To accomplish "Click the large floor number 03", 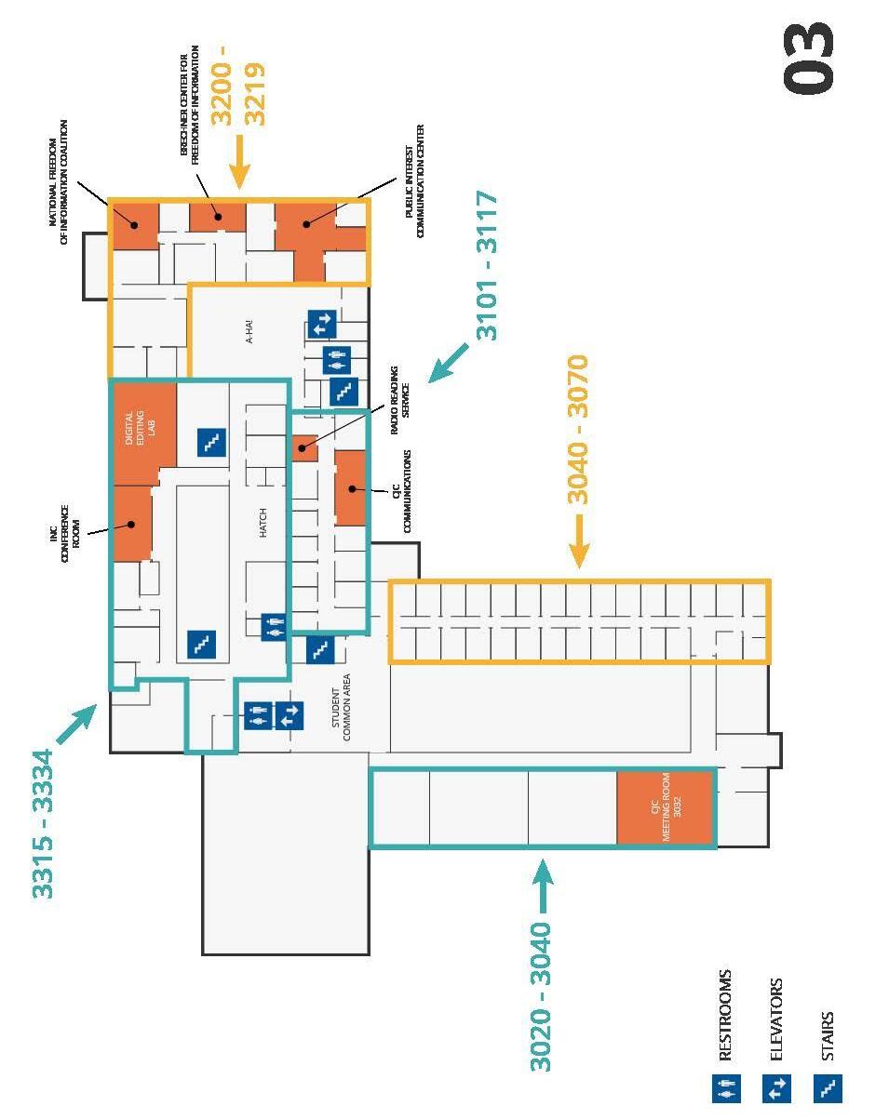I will [x=809, y=58].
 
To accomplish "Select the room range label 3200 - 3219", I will [x=238, y=93].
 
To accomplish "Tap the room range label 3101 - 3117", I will [x=487, y=265].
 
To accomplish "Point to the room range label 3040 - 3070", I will [x=578, y=429].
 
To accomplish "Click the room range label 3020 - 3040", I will [x=541, y=995].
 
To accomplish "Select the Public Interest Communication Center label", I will [x=414, y=181].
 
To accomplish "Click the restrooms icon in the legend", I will [x=726, y=1088].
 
